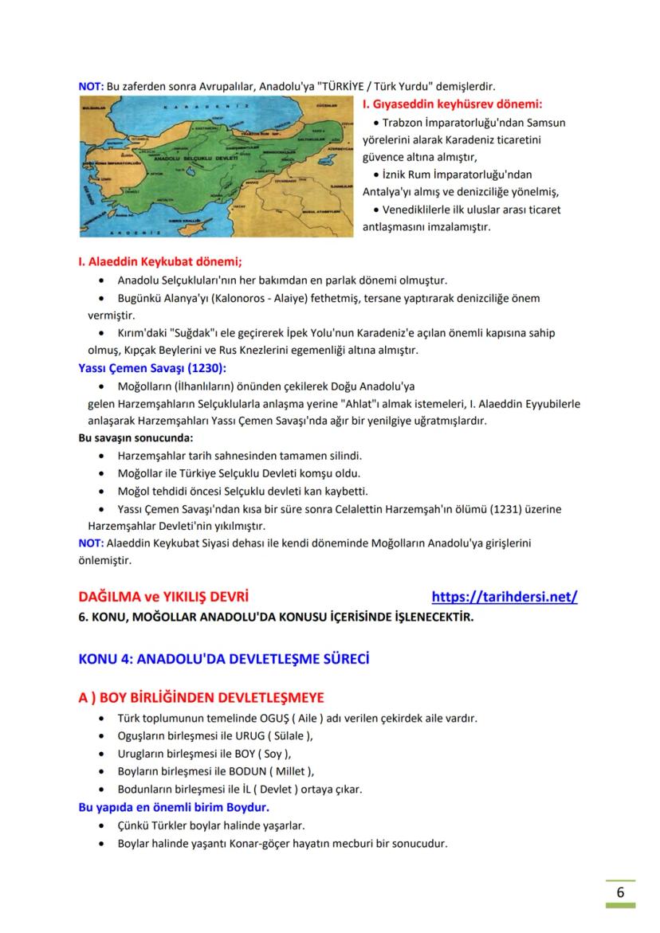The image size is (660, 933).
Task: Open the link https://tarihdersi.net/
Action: click(504, 596)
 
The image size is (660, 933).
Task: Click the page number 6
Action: click(620, 892)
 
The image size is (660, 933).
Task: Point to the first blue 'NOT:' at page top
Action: click(90, 85)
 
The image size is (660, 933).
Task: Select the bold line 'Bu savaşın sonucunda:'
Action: click(136, 438)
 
